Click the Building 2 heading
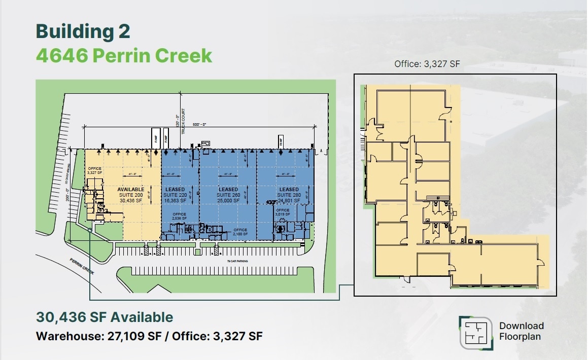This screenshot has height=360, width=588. [83, 31]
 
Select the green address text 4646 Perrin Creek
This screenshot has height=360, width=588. [124, 55]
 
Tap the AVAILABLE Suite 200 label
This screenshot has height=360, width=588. [131, 195]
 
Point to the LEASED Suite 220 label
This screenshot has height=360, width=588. [175, 195]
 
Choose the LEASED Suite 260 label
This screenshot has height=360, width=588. [228, 195]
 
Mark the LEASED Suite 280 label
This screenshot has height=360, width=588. [289, 195]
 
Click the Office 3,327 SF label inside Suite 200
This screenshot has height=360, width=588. [95, 170]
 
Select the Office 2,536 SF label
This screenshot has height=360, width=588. [180, 217]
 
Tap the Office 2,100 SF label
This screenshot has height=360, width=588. [240, 232]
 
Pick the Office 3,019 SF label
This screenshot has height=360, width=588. [283, 212]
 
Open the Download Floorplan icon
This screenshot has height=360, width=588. [475, 333]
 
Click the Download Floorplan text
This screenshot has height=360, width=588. [521, 331]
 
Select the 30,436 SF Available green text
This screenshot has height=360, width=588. [105, 317]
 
